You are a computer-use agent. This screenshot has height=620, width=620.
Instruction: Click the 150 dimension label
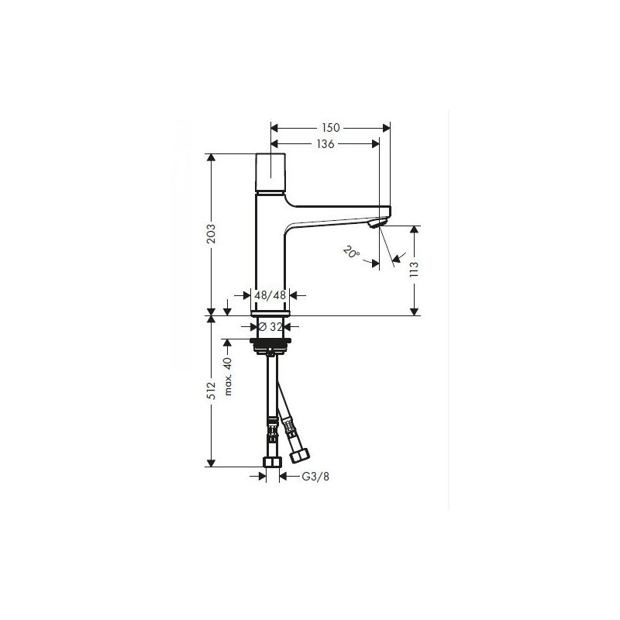pyautogui.click(x=331, y=128)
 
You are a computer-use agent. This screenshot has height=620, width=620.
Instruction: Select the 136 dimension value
pyautogui.click(x=325, y=144)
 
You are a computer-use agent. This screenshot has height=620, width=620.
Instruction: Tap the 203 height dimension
pyautogui.click(x=212, y=234)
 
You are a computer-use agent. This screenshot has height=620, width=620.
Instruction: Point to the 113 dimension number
pyautogui.click(x=414, y=269)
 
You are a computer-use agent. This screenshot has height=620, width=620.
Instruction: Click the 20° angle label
pyautogui.click(x=351, y=253)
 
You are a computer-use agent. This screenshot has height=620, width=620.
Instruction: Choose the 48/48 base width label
pyautogui.click(x=270, y=295)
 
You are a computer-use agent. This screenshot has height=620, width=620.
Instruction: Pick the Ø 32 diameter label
pyautogui.click(x=270, y=327)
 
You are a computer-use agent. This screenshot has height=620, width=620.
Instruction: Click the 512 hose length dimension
pyautogui.click(x=212, y=391)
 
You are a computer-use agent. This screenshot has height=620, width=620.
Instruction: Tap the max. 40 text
pyautogui.click(x=228, y=376)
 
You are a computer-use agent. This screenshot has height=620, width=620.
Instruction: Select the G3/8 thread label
pyautogui.click(x=315, y=477)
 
